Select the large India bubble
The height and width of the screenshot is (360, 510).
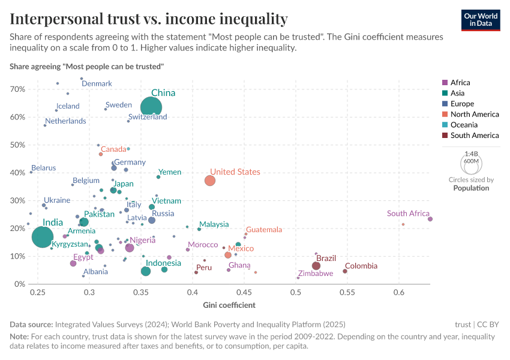coord(42,237)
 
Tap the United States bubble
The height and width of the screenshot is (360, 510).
coord(210,181)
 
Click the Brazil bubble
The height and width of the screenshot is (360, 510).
coord(316,266)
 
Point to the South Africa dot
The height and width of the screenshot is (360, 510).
coord(430,219)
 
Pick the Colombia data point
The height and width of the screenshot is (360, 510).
coord(345,271)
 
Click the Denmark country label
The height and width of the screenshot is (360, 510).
coord(97,84)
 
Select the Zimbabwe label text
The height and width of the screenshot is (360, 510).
coord(315,274)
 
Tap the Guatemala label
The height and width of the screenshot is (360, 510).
coord(264,230)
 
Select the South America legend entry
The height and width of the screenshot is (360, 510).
coord(474,136)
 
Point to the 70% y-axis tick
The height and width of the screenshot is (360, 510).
coord(17,89)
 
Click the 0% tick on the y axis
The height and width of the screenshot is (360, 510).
coord(20,284)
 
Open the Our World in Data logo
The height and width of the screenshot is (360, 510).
coord(481,20)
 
